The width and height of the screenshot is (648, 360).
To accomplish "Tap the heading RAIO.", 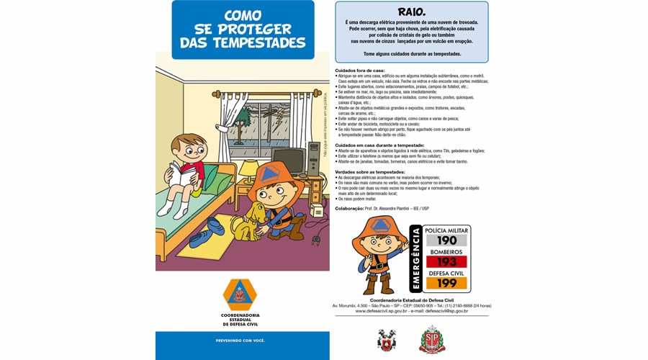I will click(x=412, y=12).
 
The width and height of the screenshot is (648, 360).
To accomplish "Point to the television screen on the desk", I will click(x=287, y=161).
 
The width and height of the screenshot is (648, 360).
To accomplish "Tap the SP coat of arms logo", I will click(x=432, y=338).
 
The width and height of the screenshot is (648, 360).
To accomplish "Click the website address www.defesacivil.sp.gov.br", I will click(x=382, y=311).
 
